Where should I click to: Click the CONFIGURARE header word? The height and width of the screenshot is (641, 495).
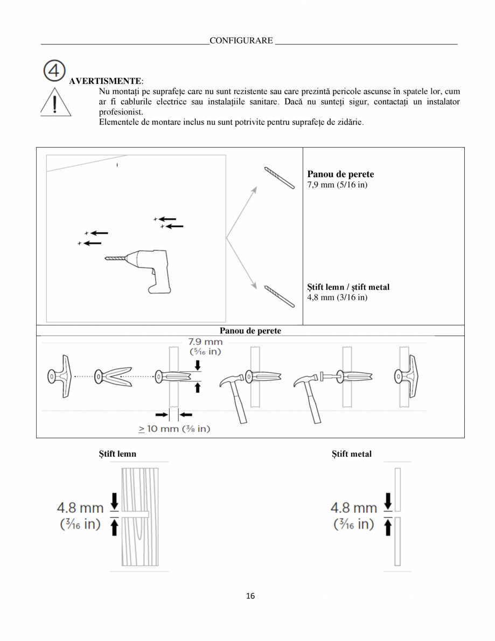coord(241,41)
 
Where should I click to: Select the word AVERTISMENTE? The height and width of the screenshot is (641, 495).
coord(106,81)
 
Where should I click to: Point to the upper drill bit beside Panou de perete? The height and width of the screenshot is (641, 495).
coord(279,178)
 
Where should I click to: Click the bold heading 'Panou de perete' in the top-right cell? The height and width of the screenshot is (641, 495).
coord(340,174)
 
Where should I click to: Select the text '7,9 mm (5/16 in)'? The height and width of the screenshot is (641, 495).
coord(337,185)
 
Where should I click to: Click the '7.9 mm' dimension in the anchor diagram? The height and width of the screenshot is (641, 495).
coord(205,342)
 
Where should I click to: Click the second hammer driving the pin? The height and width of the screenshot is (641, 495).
coord(307,396)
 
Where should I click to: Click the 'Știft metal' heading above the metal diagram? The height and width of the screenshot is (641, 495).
coord(351,454)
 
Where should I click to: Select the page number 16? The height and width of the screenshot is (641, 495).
coord(250,596)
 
